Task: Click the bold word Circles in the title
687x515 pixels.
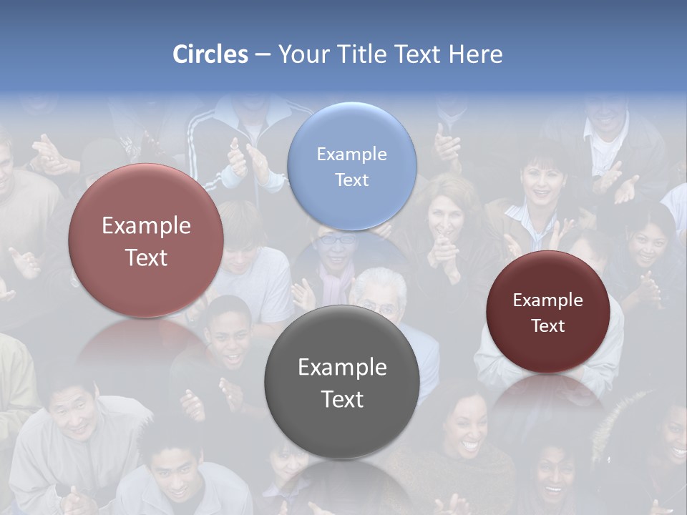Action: [x=210, y=54]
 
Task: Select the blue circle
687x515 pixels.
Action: [x=351, y=166]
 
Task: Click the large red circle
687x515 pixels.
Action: [x=146, y=240]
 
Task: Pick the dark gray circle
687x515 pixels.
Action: [x=342, y=381]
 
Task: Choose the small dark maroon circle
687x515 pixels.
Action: [x=548, y=311]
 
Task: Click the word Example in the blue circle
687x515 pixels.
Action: [x=351, y=154]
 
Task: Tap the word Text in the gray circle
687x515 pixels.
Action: [x=342, y=398]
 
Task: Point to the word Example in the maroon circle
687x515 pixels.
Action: [x=548, y=300]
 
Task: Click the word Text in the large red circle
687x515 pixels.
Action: [x=146, y=257]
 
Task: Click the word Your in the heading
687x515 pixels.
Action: [x=302, y=54]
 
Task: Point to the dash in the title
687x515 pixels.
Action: [x=262, y=55]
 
